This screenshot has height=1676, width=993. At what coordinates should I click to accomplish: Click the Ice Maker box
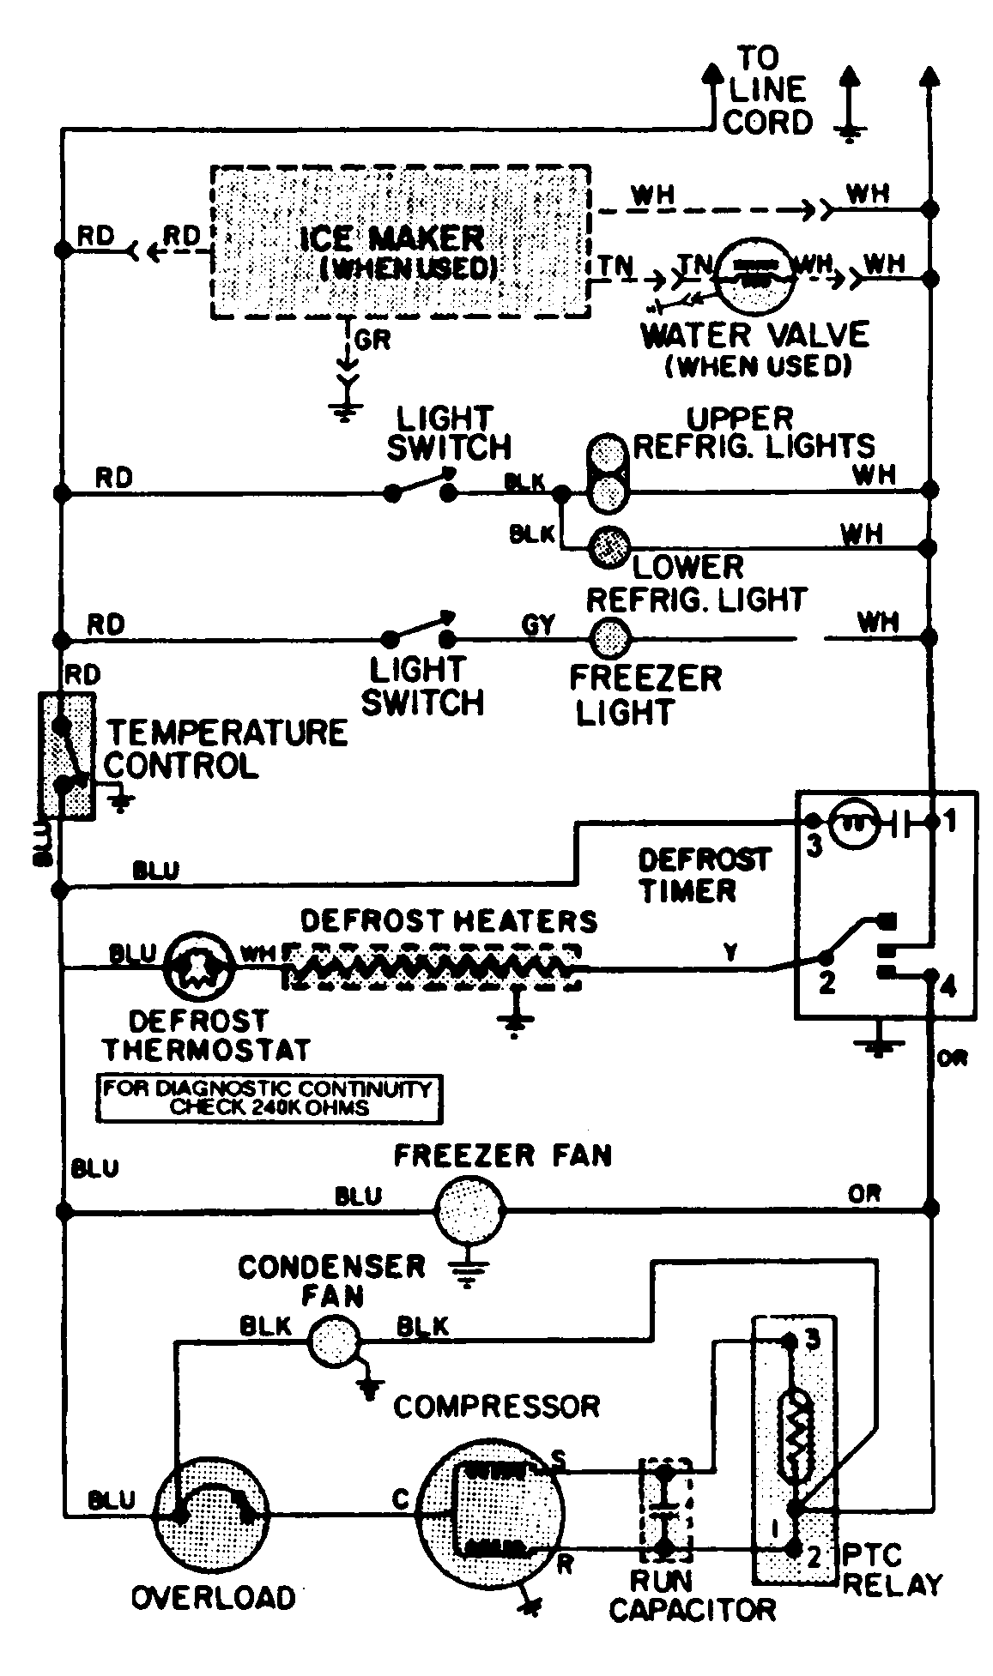tap(400, 244)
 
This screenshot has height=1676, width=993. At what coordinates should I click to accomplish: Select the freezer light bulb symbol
tap(610, 636)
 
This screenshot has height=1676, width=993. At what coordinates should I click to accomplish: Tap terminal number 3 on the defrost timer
tap(814, 845)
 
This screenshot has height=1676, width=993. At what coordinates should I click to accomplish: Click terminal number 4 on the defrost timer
tap(947, 986)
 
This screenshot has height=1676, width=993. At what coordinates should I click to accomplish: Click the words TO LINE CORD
tap(766, 91)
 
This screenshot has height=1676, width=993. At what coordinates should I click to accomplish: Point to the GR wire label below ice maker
tap(372, 340)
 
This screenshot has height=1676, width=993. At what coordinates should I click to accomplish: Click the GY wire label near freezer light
tap(538, 624)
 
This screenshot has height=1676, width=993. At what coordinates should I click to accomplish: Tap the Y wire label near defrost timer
tap(731, 952)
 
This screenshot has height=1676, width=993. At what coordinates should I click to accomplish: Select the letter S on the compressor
tap(559, 1458)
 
